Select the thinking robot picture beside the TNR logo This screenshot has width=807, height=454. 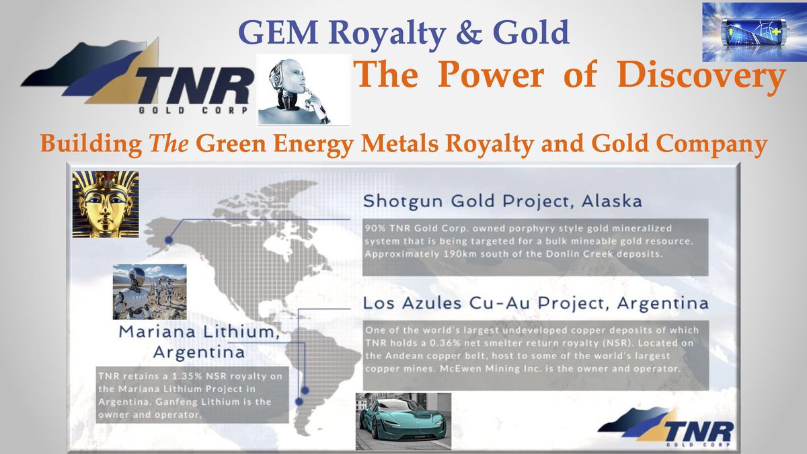304,90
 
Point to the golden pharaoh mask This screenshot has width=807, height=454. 106,204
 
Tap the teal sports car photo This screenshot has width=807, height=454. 403,420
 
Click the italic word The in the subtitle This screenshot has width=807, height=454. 153,143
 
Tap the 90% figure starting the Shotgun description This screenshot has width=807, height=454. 375,229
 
